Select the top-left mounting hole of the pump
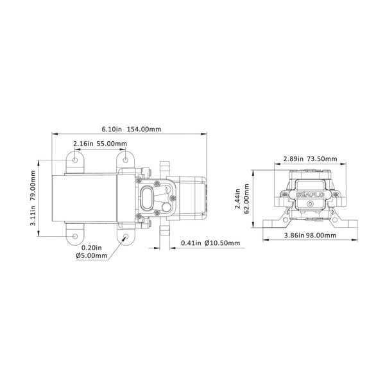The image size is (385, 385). point(76,158)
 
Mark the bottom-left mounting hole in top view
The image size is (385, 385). point(76,237)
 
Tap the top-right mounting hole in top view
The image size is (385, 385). point(124,158)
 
